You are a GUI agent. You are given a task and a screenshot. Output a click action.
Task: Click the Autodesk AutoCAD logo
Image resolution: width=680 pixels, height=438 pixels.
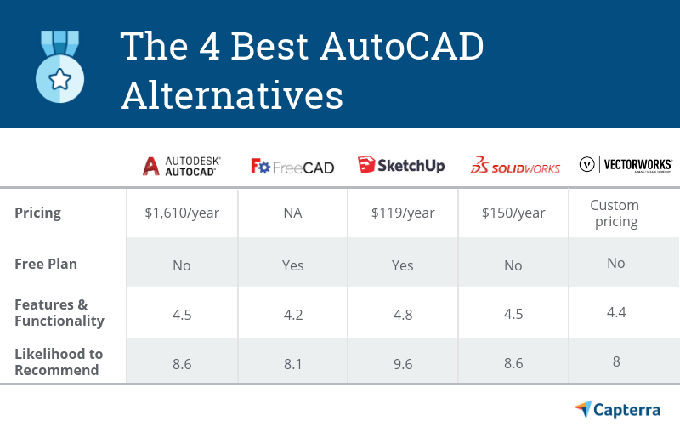click(x=180, y=165)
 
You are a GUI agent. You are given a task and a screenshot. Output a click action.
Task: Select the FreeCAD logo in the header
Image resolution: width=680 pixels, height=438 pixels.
click(x=292, y=166)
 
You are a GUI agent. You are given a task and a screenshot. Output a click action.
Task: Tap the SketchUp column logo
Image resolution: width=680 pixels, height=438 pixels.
click(x=401, y=165)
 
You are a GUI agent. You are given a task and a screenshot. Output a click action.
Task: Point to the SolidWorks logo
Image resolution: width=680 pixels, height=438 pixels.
click(x=515, y=165)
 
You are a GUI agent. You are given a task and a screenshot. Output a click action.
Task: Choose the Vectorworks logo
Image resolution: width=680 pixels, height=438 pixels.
click(x=626, y=164)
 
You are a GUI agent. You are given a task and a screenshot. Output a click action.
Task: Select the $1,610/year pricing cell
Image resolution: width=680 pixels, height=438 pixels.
click(x=182, y=213)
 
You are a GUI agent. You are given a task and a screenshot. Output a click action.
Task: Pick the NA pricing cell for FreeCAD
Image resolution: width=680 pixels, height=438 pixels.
click(x=292, y=213)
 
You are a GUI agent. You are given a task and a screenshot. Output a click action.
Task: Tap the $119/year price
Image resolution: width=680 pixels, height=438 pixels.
click(x=403, y=213)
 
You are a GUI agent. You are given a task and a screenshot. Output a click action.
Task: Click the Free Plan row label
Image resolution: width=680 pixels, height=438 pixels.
click(x=46, y=264)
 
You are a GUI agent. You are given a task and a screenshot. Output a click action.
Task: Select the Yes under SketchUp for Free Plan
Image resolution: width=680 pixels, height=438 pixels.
click(x=403, y=265)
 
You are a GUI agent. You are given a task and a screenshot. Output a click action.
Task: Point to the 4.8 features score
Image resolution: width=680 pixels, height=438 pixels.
click(x=403, y=314)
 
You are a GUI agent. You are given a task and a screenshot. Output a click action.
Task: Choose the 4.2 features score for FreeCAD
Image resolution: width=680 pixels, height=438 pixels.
click(x=292, y=314)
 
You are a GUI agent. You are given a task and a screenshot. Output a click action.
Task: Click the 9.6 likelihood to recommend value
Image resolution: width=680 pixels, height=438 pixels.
click(x=403, y=362)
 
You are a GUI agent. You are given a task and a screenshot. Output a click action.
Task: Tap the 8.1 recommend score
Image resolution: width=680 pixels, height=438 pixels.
click(x=292, y=362)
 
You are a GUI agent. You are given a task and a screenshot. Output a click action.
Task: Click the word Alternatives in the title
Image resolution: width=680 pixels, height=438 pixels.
click(x=232, y=96)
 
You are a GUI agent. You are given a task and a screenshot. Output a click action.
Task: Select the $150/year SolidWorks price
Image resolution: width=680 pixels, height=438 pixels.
click(x=513, y=213)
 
